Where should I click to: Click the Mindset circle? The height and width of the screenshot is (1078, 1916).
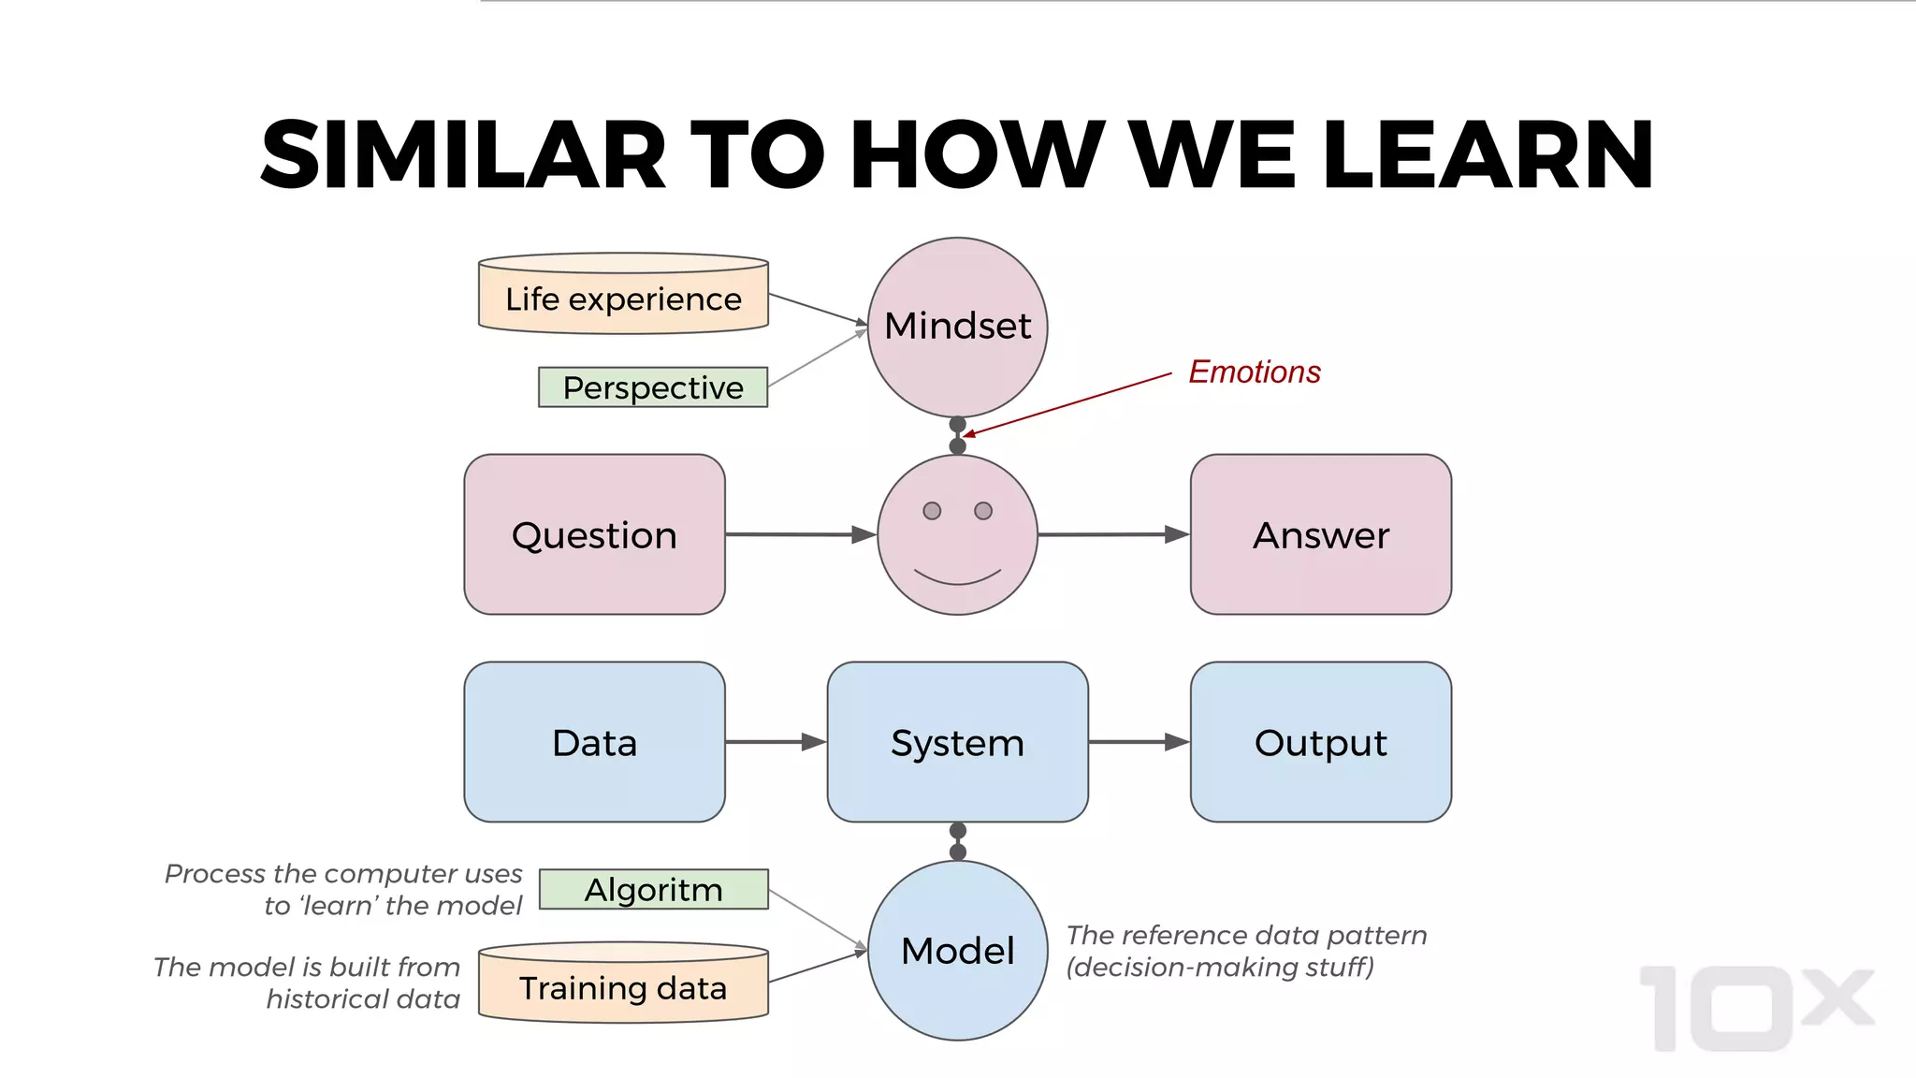tap(957, 327)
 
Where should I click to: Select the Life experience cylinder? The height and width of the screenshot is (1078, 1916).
tap(623, 298)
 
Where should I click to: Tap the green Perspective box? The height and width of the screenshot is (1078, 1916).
tap(653, 387)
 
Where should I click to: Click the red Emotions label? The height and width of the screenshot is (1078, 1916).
tap(1254, 371)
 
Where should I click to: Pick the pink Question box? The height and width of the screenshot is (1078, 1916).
tap(594, 534)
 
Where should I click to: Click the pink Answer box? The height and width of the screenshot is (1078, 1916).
tap(1320, 534)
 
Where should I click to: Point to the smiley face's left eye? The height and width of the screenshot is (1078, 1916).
tap(932, 511)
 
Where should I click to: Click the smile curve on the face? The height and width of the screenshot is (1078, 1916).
tap(957, 581)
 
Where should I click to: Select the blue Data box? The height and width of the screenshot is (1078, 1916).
tap(594, 742)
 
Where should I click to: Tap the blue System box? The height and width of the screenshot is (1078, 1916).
tap(957, 742)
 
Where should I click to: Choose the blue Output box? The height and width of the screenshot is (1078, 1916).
tap(1320, 742)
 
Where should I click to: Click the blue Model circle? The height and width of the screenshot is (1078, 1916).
tap(957, 950)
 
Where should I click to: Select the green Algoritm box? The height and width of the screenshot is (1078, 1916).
tap(653, 889)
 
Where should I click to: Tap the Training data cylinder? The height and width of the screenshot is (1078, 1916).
tap(623, 987)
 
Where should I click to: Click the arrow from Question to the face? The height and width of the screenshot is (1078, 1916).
tap(800, 534)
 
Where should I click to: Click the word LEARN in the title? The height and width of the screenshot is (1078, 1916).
tap(1488, 155)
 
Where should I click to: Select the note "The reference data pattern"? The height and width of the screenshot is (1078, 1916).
tap(1246, 935)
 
